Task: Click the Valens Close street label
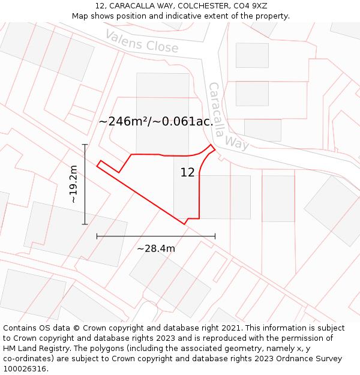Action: [x=142, y=40]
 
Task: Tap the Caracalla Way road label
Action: [x=228, y=116]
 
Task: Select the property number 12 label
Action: [x=188, y=173]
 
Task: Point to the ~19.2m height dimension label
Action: [x=73, y=184]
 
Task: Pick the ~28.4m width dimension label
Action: [x=156, y=248]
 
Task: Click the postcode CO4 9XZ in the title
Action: [x=251, y=6]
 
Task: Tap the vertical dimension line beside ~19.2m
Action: [x=85, y=184]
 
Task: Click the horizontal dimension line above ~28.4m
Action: [x=156, y=236]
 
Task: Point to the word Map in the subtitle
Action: [x=81, y=16]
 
